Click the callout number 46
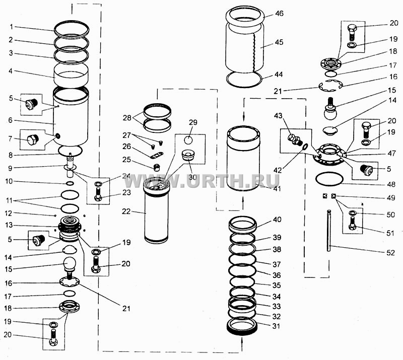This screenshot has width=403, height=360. pyautogui.click(x=279, y=13)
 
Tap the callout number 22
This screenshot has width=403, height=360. pyautogui.click(x=126, y=212)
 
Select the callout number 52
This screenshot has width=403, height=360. pyautogui.click(x=390, y=253)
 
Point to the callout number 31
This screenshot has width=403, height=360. pyautogui.click(x=276, y=326)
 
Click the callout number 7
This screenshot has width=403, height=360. pyautogui.click(x=10, y=139)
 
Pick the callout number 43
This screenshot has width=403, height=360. pyautogui.click(x=278, y=116)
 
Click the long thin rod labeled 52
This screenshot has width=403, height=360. pyautogui.click(x=329, y=231)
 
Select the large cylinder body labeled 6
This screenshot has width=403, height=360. pyautogui.click(x=71, y=116)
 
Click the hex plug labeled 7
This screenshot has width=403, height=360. pyautogui.click(x=33, y=140)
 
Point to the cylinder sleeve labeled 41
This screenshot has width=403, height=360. pyautogui.click(x=243, y=158)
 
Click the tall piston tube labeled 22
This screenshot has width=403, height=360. pyautogui.click(x=156, y=210)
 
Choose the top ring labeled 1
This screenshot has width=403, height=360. pyautogui.click(x=72, y=28)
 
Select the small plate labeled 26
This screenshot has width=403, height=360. pyautogui.click(x=157, y=155)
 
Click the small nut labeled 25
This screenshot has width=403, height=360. pyautogui.click(x=156, y=168)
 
